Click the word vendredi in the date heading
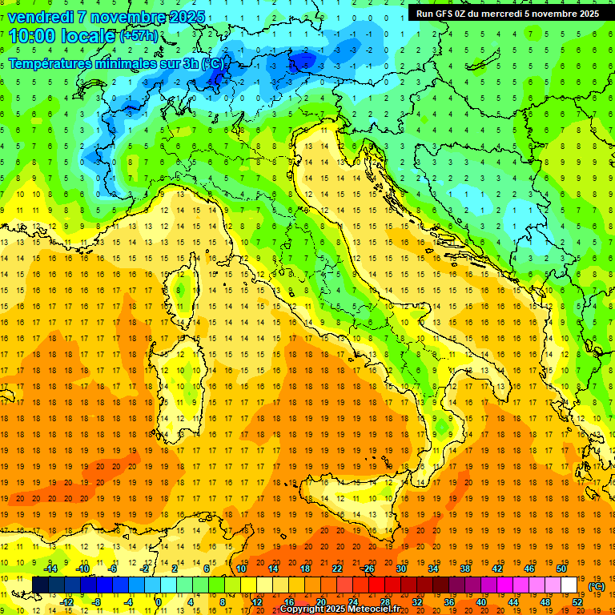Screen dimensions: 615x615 (x=41, y=17)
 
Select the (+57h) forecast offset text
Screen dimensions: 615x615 (x=139, y=37)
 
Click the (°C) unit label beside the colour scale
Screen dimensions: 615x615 (x=597, y=587)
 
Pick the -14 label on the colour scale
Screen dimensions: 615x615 (x=52, y=569)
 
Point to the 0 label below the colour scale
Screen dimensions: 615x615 (x=158, y=602)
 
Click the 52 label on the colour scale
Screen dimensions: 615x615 (x=577, y=602)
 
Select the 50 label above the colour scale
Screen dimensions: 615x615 (x=561, y=569)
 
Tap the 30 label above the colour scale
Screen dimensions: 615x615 (x=401, y=569)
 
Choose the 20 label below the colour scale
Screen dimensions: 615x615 (x=320, y=602)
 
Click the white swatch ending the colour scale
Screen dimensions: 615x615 (x=569, y=585)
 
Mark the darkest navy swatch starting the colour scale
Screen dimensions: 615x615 (x=40, y=585)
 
